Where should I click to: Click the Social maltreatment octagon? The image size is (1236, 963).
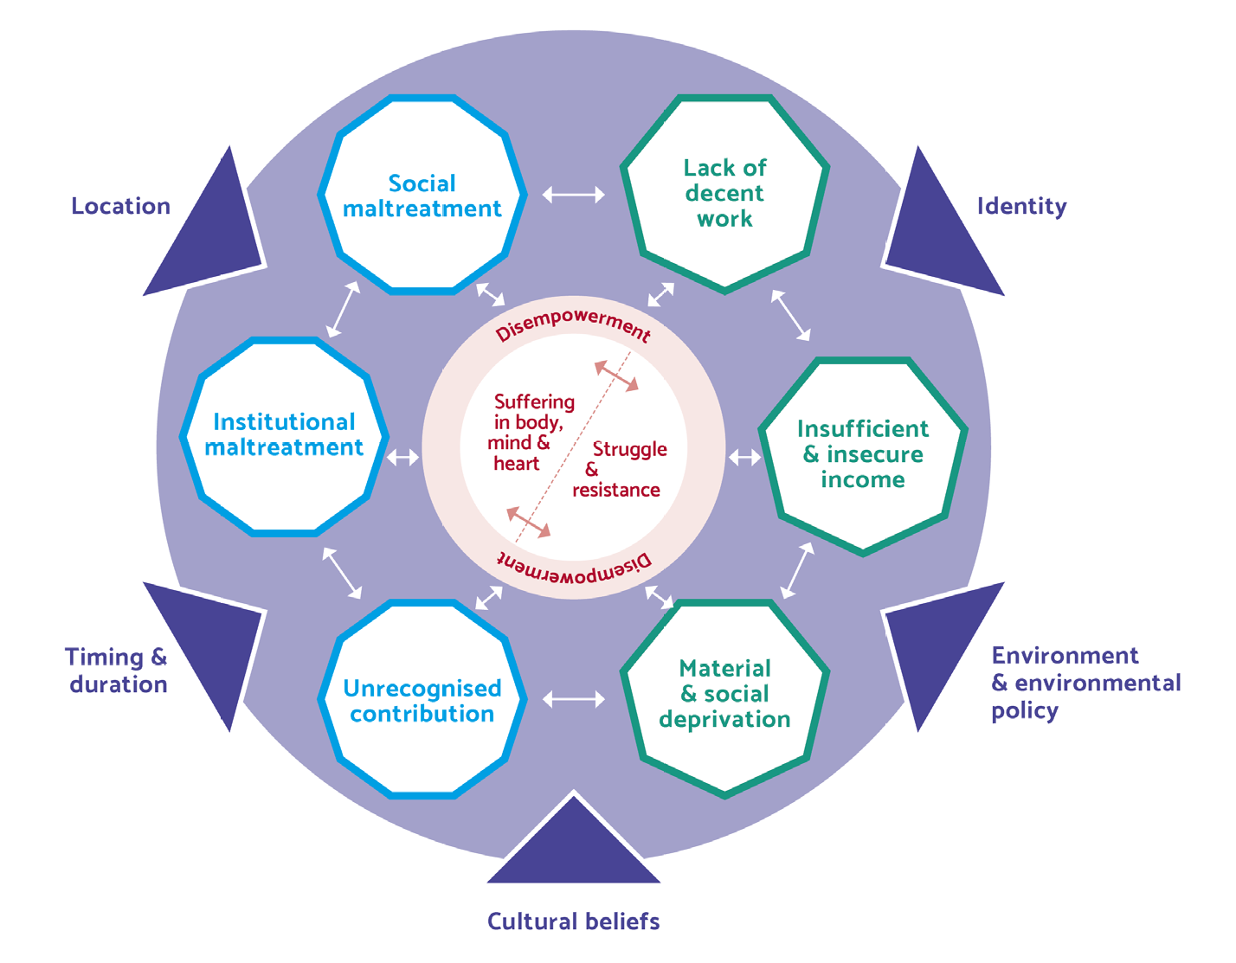pyautogui.click(x=422, y=196)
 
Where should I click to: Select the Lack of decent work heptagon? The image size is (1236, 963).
pyautogui.click(x=724, y=193)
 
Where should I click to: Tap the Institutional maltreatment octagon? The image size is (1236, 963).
pyautogui.click(x=284, y=435)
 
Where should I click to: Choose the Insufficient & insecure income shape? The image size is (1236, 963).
pyautogui.click(x=862, y=454)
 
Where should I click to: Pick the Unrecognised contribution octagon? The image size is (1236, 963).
pyautogui.click(x=422, y=701)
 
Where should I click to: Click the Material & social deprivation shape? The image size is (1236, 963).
pyautogui.click(x=724, y=694)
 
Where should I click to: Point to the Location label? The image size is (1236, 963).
pyautogui.click(x=120, y=206)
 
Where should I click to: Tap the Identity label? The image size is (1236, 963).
pyautogui.click(x=1021, y=206)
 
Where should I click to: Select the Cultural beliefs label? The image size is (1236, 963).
pyautogui.click(x=573, y=921)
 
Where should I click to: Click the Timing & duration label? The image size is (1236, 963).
pyautogui.click(x=117, y=671)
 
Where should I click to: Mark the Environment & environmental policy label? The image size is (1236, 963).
pyautogui.click(x=1085, y=683)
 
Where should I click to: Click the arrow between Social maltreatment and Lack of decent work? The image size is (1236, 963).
pyautogui.click(x=574, y=196)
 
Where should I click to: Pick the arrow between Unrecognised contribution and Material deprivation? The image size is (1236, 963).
pyautogui.click(x=574, y=699)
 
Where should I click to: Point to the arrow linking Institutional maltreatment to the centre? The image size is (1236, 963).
pyautogui.click(x=402, y=457)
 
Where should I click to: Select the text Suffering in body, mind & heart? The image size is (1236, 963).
pyautogui.click(x=526, y=432)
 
